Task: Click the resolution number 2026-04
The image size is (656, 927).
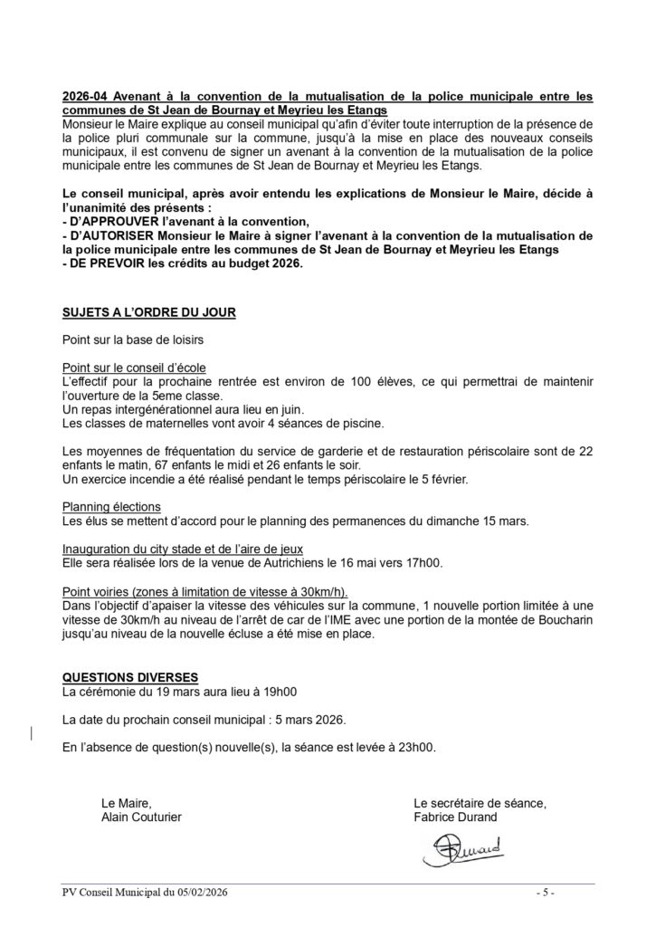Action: click(83, 95)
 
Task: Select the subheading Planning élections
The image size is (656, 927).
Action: click(111, 506)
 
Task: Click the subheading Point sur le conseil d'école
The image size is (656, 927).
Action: click(134, 368)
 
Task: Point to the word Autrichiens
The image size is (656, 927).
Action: click(281, 562)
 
